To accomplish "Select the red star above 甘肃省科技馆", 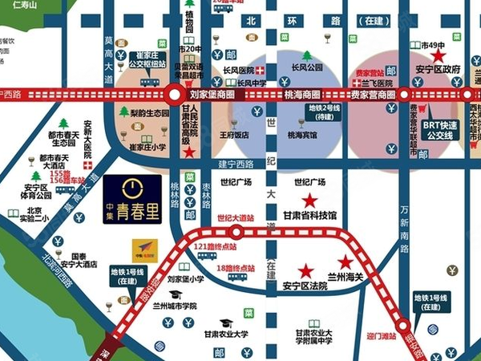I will pos(309,200).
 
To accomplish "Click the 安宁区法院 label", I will pos(305,286).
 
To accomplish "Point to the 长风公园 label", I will pos(307,67).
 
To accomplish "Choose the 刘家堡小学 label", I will pos(185,280).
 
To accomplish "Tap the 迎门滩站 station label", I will pos(381,335).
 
